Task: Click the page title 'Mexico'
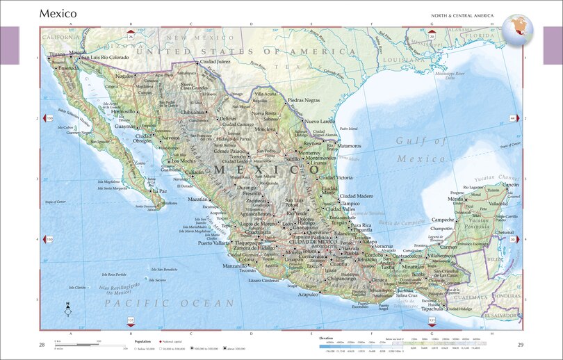58,13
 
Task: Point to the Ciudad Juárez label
215,62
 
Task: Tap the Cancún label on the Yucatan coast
511,185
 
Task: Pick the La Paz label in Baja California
161,190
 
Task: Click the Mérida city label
455,199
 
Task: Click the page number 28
42,345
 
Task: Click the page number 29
521,345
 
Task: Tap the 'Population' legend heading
142,342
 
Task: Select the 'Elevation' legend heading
327,337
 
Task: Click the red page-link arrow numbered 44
514,119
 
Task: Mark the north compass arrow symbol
67,310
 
